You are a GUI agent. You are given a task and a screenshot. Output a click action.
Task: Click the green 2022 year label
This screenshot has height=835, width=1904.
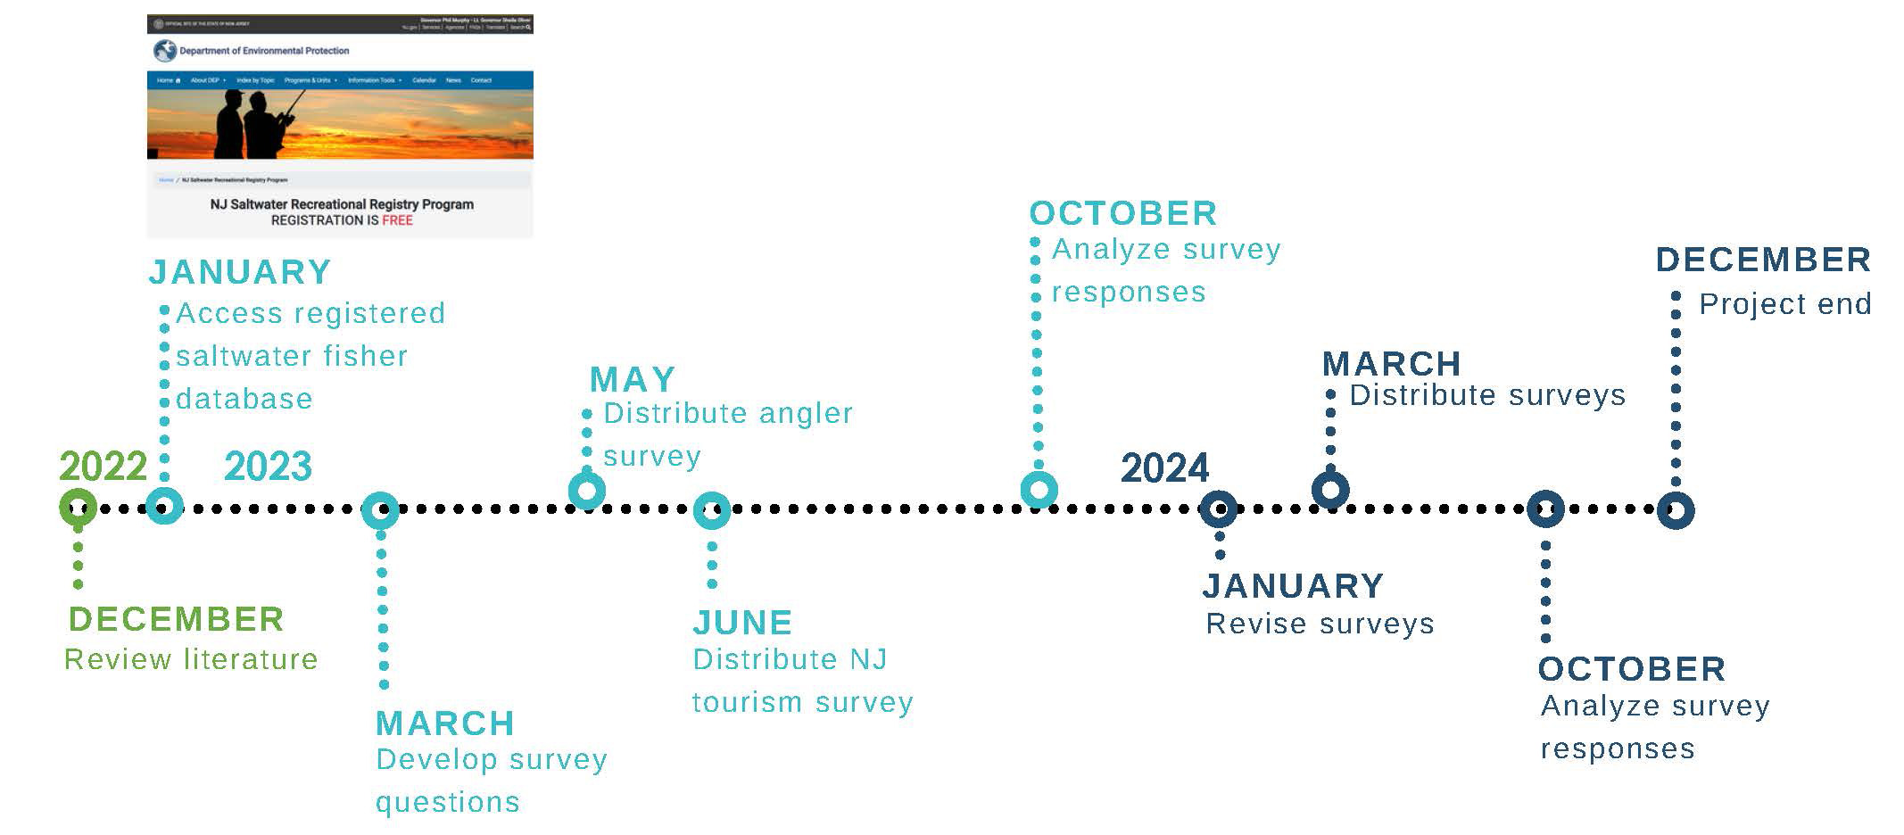click(103, 467)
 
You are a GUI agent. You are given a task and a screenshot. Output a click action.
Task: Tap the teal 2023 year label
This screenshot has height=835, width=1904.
click(268, 467)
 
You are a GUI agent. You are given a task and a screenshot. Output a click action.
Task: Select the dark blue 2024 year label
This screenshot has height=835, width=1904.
click(1164, 468)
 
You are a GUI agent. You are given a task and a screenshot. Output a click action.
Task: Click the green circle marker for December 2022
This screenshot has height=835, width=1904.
click(79, 508)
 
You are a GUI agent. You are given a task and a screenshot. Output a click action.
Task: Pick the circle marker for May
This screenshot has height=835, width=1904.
click(587, 490)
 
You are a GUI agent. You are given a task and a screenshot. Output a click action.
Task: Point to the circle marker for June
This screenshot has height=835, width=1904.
click(712, 510)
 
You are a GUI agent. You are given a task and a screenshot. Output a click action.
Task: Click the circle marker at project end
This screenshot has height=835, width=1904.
click(1676, 510)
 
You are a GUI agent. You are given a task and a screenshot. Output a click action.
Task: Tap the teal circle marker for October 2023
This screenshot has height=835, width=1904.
click(1039, 489)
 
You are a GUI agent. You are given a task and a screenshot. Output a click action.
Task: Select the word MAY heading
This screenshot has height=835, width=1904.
click(633, 380)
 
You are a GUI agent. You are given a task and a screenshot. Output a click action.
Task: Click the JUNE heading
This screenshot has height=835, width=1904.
click(742, 623)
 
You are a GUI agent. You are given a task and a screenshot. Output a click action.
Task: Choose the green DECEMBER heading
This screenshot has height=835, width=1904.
click(176, 619)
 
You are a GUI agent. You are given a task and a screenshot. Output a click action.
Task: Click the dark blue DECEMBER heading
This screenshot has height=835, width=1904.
click(1763, 260)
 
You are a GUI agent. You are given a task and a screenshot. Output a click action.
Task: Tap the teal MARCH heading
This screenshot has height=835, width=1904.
click(445, 723)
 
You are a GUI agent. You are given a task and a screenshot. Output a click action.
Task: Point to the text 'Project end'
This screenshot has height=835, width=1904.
click(1784, 304)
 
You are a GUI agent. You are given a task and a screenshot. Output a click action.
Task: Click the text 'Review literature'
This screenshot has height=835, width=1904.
click(191, 659)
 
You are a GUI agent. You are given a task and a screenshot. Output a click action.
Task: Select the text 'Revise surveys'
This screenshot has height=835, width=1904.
click(1320, 624)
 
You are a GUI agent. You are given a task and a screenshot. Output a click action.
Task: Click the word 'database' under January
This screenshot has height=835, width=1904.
click(244, 399)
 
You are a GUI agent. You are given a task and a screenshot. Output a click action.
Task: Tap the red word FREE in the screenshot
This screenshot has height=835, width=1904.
click(397, 220)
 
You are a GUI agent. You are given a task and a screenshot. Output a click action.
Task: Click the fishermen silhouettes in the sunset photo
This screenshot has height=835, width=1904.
click(254, 122)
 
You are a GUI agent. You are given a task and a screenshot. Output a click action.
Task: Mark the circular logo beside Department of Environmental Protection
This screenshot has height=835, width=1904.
click(164, 51)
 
